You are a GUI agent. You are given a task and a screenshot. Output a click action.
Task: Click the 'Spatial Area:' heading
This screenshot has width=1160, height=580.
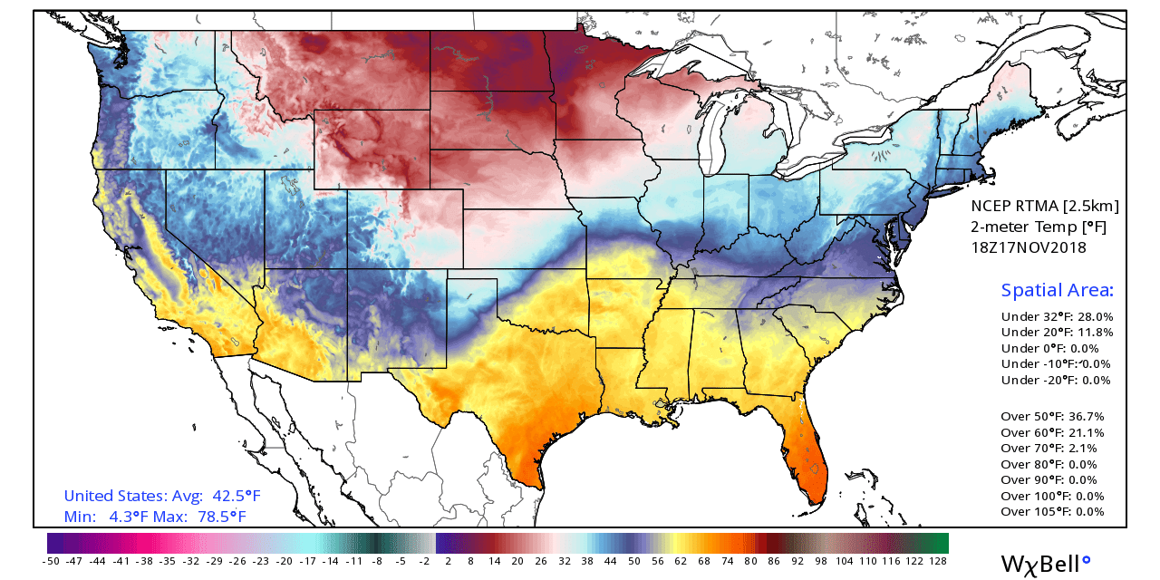click(1057, 291)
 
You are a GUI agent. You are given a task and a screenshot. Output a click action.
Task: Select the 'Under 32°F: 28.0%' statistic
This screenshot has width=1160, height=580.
click(1056, 317)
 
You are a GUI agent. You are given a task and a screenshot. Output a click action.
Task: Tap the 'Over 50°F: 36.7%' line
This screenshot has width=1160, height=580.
click(1053, 417)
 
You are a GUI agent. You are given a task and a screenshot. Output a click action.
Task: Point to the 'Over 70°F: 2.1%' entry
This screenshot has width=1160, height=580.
click(1049, 449)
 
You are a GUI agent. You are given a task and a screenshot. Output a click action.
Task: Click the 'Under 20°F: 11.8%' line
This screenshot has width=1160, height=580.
click(1056, 333)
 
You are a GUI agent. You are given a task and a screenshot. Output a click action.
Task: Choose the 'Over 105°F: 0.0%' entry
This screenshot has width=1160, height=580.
click(1053, 512)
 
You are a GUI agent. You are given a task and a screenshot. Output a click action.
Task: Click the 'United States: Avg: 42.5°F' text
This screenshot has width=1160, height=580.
click(162, 497)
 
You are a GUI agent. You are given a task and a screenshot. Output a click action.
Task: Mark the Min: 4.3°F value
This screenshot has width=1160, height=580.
click(100, 517)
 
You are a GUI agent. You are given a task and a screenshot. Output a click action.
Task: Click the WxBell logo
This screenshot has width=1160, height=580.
click(1045, 564)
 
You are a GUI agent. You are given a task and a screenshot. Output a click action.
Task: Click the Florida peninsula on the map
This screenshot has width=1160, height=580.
click(810, 462)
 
